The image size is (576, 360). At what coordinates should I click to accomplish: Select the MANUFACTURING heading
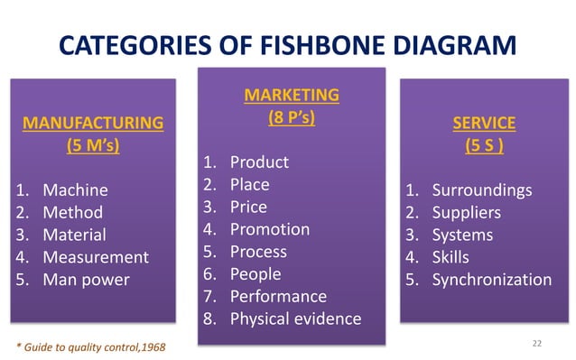tap(93, 122)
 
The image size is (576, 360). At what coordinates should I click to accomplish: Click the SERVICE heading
tap(484, 122)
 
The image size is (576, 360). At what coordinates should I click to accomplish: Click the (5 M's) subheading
tap(93, 145)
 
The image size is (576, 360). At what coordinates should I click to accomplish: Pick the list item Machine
tap(75, 190)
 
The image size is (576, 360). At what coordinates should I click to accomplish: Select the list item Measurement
tap(96, 257)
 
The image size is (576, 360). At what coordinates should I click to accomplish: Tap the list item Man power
tap(86, 280)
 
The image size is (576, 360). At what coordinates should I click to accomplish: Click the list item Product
tap(259, 162)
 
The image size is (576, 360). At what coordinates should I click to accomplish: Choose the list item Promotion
tap(270, 229)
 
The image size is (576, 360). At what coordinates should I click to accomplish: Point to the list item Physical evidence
tap(295, 318)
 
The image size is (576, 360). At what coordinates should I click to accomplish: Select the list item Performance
tap(278, 296)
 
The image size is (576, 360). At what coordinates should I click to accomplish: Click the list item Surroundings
tap(482, 190)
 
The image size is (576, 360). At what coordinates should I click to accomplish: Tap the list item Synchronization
tap(491, 280)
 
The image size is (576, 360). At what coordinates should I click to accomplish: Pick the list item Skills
tap(451, 257)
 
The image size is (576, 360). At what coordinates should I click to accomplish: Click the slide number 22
tap(538, 343)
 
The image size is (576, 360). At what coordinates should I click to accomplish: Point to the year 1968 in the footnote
tap(151, 346)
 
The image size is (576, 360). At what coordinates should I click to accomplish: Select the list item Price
tap(248, 207)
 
